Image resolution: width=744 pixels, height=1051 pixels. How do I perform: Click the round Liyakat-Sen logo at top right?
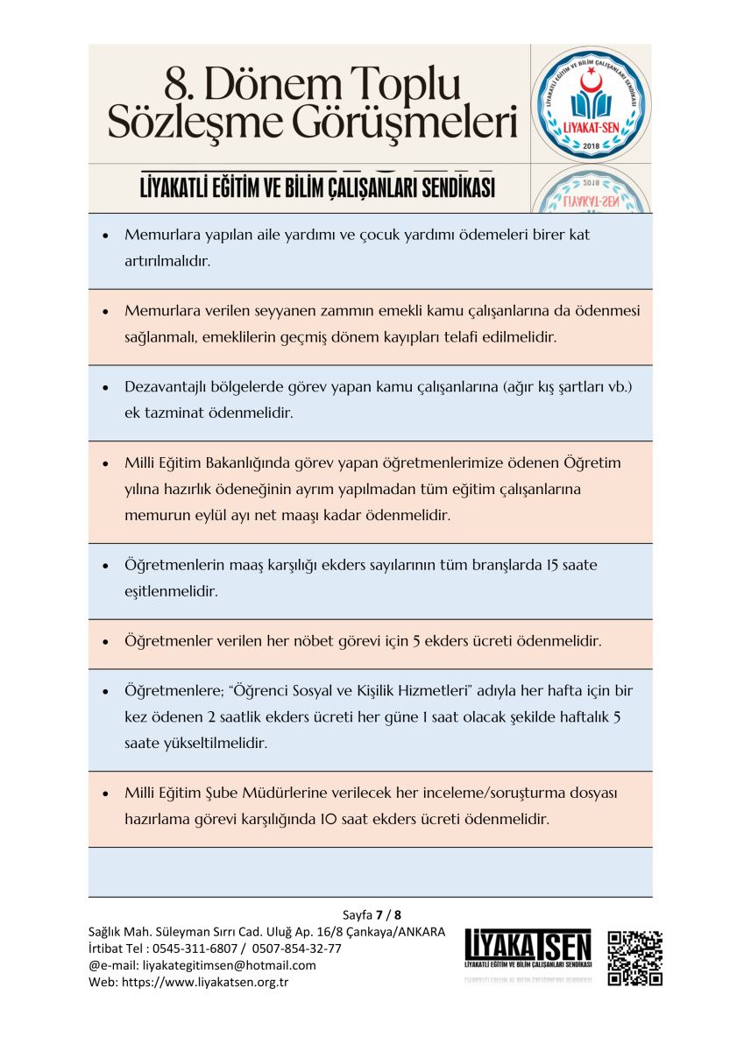pos(591,103)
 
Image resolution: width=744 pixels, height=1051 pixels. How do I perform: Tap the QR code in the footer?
pos(634,958)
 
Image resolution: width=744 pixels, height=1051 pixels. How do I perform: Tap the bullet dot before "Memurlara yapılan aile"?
pos(105,236)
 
